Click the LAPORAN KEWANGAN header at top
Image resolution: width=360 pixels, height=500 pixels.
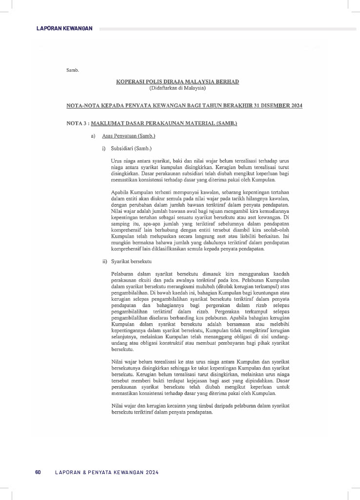(64, 28)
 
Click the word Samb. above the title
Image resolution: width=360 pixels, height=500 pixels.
(72, 71)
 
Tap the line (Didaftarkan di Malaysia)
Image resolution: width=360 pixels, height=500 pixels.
(178, 88)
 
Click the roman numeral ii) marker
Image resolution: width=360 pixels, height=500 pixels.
(104, 262)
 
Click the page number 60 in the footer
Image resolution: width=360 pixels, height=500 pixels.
(38, 473)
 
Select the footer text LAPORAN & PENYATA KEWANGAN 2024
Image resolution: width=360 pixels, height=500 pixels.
(107, 473)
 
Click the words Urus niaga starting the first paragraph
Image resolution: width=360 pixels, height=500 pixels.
(122, 160)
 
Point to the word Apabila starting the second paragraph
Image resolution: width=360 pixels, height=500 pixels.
(120, 192)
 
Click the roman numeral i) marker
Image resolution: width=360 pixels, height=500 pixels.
(104, 147)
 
